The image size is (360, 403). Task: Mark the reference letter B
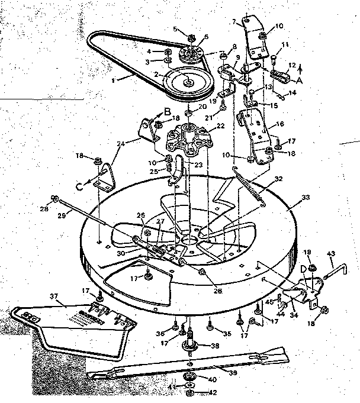pos(150,110)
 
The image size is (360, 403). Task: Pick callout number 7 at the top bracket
pos(234,22)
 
